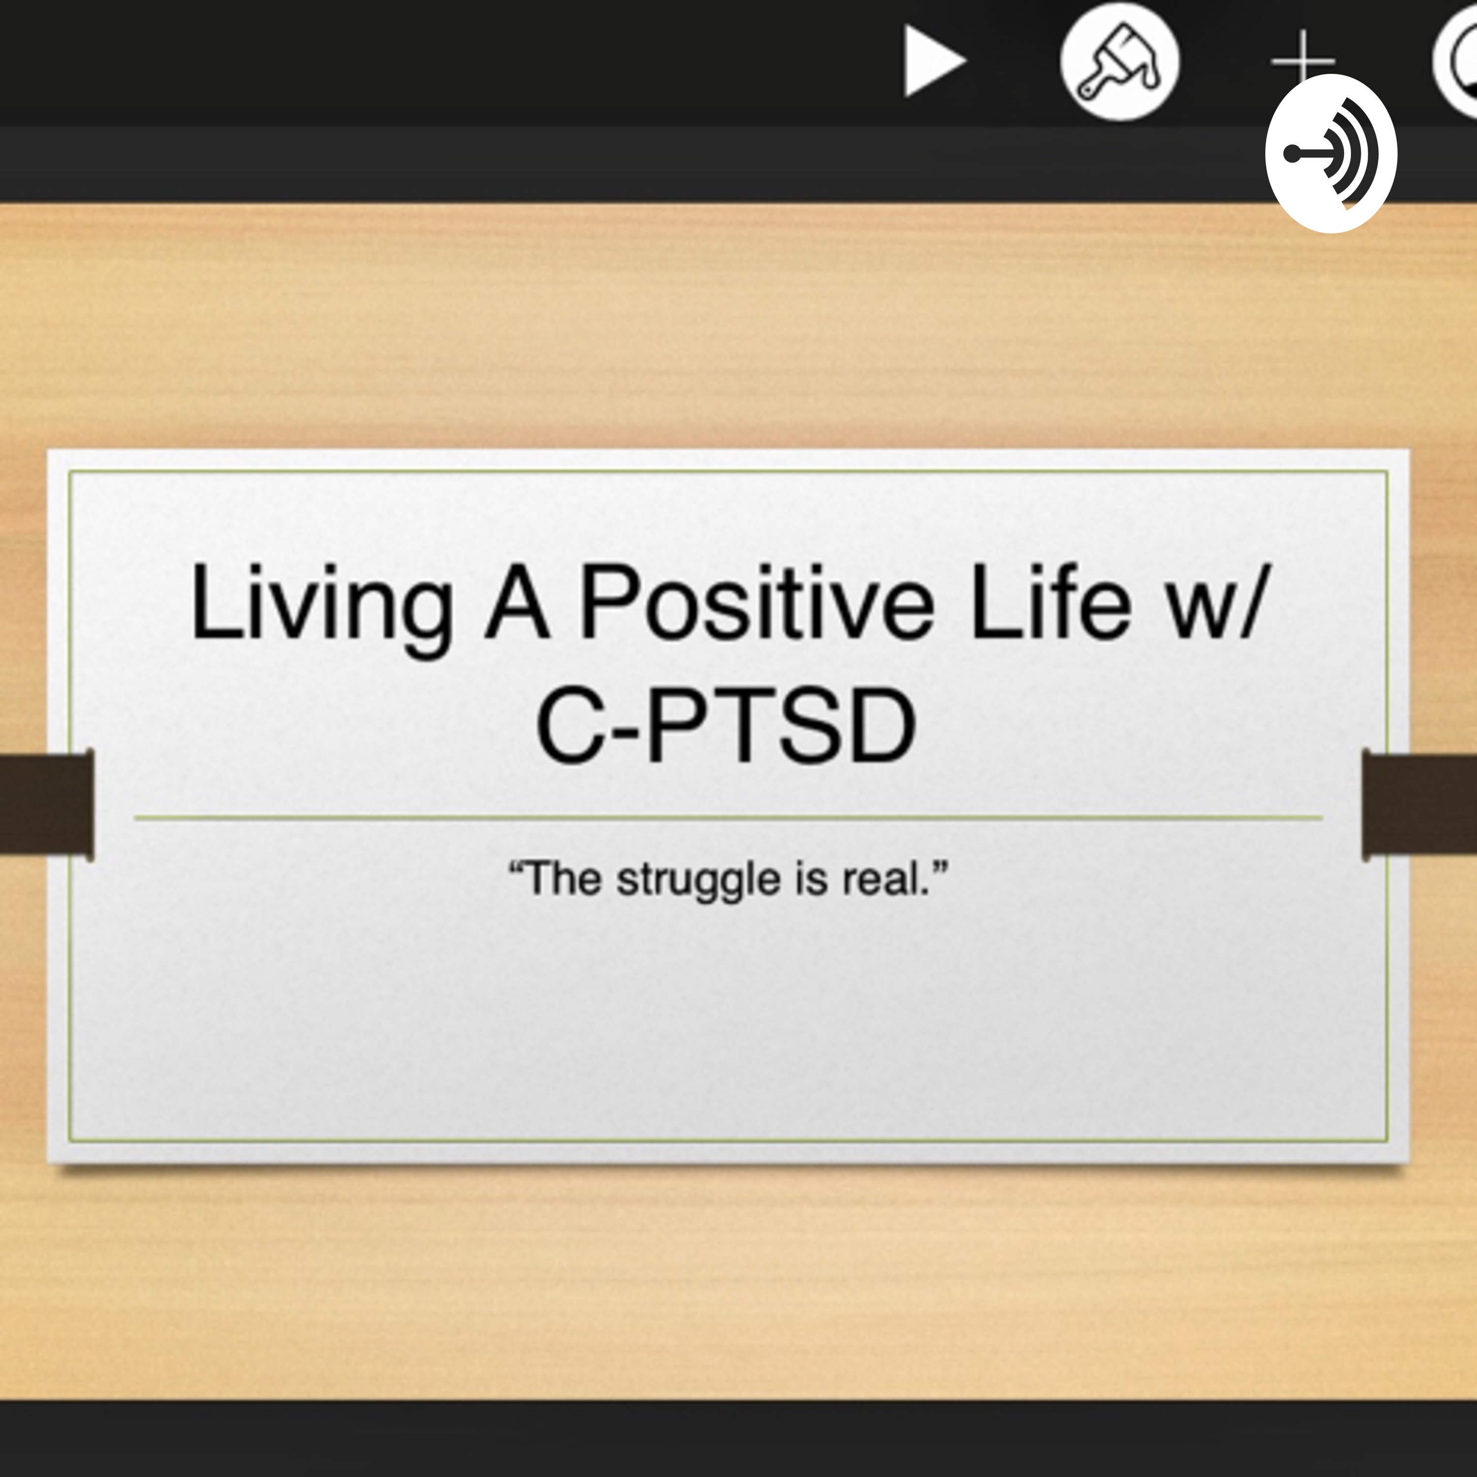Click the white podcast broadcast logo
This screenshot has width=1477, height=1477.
[1331, 154]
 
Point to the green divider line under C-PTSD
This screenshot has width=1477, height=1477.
[726, 817]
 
